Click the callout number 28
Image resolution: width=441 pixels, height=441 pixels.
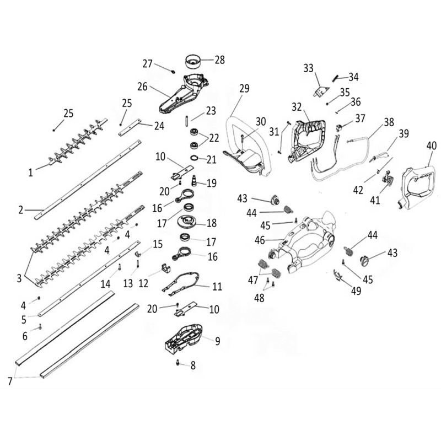pyautogui.click(x=220, y=59)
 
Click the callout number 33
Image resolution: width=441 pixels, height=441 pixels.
pyautogui.click(x=308, y=68)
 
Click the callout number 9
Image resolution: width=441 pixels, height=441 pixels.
pyautogui.click(x=217, y=341)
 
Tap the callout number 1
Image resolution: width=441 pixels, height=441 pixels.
pyautogui.click(x=31, y=172)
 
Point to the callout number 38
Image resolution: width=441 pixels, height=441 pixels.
pyautogui.click(x=389, y=122)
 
